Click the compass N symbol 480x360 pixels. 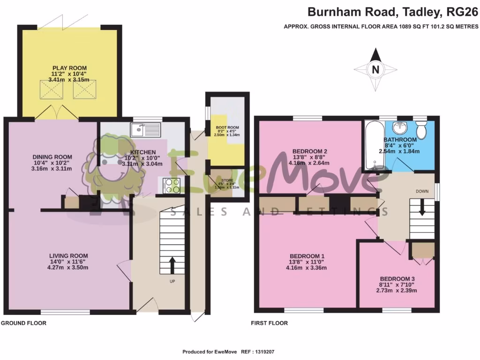(x=375, y=70)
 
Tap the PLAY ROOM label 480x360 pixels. (x=69, y=68)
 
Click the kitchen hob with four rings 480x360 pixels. (x=172, y=186)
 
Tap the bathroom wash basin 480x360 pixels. (x=399, y=127)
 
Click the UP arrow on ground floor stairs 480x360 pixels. (x=171, y=265)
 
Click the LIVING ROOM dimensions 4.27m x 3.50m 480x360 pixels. (x=69, y=268)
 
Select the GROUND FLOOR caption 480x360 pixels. (x=23, y=323)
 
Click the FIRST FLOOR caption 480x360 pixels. (x=269, y=323)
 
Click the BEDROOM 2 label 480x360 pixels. (x=309, y=151)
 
